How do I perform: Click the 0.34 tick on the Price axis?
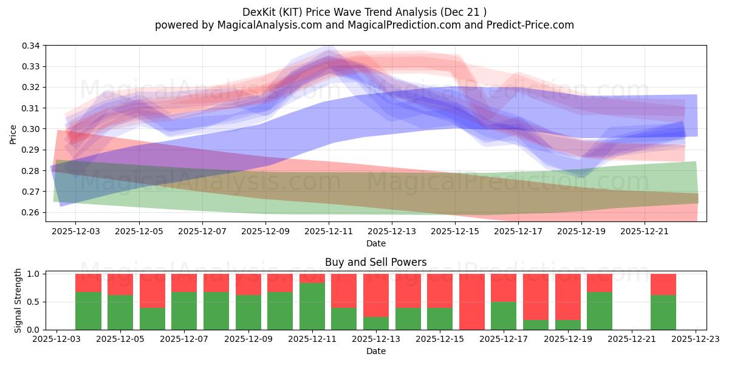(x=32, y=46)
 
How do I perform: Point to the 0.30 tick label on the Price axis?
(x=32, y=129)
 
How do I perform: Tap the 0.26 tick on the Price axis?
(x=32, y=212)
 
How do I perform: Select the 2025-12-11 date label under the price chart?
(x=329, y=232)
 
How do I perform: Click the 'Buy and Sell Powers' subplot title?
(x=375, y=262)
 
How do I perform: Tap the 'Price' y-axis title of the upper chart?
(x=13, y=134)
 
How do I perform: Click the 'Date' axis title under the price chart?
(x=375, y=243)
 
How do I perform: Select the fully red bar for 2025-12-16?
(x=472, y=302)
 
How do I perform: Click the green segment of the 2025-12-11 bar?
(x=312, y=306)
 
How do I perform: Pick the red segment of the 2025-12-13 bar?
(x=376, y=295)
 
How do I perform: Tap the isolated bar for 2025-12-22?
(x=663, y=302)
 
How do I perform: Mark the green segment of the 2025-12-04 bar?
(x=88, y=311)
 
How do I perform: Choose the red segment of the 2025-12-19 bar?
(x=568, y=296)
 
